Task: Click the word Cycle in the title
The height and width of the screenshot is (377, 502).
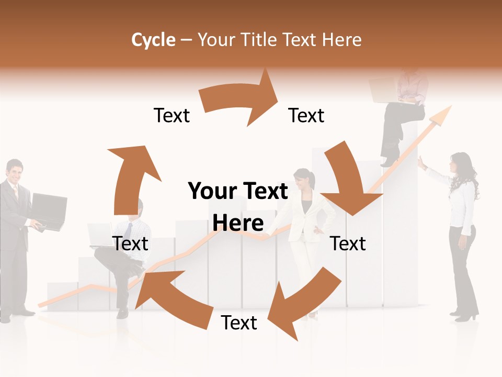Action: (x=153, y=40)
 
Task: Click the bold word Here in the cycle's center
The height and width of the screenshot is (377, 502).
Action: (x=238, y=223)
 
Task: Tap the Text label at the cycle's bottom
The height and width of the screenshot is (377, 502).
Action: (x=239, y=323)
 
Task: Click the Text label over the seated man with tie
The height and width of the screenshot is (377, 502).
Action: (x=130, y=243)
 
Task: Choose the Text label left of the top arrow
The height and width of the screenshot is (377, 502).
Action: (x=172, y=115)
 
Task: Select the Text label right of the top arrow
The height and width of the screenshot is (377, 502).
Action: (x=306, y=115)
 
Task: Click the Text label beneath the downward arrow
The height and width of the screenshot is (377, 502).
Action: (x=348, y=243)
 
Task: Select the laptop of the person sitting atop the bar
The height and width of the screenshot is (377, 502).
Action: (x=384, y=90)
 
